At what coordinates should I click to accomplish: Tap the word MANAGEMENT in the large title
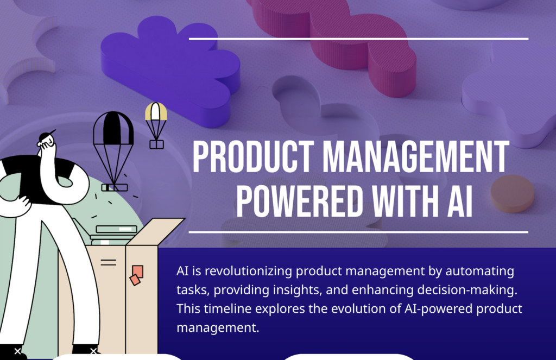click(421, 157)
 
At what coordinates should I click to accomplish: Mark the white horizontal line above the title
click(358, 39)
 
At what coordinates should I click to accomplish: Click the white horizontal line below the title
click(358, 232)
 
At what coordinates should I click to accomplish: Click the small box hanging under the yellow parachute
click(156, 144)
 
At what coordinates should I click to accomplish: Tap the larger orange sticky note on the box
click(138, 271)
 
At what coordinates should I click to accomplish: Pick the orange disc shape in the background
click(512, 193)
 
